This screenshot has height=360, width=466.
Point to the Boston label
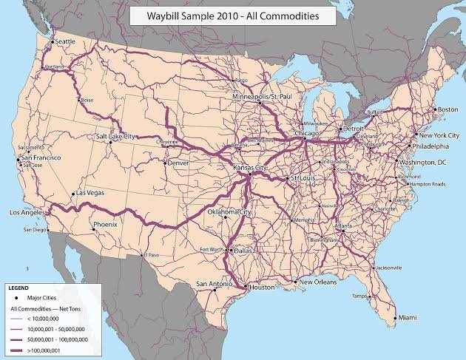pyautogui.click(x=448, y=109)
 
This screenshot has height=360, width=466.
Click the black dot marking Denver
pyautogui.click(x=165, y=162)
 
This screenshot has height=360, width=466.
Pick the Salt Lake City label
pyautogui.click(x=116, y=136)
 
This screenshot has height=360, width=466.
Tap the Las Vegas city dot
pyautogui.click(x=73, y=194)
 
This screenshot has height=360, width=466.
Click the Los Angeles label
pyautogui.click(x=26, y=212)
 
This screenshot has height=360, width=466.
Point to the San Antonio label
pyautogui.click(x=212, y=283)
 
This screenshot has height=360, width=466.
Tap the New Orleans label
pyautogui.click(x=317, y=282)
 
